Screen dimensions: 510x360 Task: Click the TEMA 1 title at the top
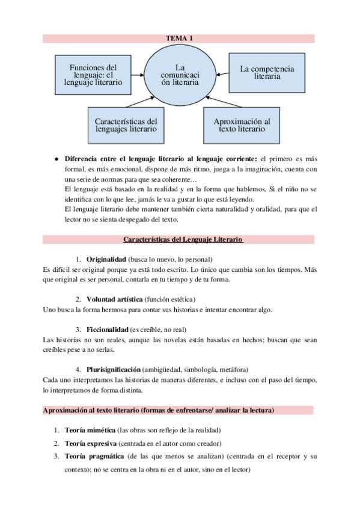[179, 38]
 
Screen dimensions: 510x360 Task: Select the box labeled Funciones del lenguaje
[93, 75]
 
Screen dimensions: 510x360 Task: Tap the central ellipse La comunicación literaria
[180, 75]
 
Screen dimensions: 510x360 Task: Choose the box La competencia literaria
[267, 73]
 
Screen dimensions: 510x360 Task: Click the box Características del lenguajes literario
[126, 124]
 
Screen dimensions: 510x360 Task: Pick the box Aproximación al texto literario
[242, 124]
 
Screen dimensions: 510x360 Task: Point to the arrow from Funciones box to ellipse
[138, 75]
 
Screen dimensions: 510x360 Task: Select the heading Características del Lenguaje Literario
[182, 239]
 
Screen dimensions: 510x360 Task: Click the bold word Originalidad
[106, 258]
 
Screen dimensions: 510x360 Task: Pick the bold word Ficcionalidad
[108, 329]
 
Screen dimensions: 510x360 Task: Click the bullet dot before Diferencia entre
[56, 159]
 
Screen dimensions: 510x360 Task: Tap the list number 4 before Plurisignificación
[78, 369]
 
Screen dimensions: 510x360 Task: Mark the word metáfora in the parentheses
[232, 369]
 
